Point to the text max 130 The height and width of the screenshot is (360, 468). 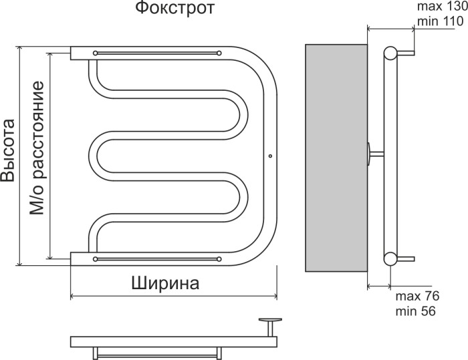(x=439, y=7)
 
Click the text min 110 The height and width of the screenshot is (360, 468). (x=438, y=22)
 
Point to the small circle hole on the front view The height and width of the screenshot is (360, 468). (x=270, y=157)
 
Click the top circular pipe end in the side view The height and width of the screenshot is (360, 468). (x=390, y=53)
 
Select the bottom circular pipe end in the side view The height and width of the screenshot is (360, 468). (x=390, y=258)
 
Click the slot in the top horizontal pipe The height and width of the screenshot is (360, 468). (x=157, y=52)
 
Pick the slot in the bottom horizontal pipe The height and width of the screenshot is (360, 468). (x=157, y=257)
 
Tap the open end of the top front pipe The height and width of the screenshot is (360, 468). (x=72, y=53)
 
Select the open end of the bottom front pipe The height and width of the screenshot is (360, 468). (x=72, y=257)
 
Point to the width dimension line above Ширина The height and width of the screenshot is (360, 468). (x=174, y=296)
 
